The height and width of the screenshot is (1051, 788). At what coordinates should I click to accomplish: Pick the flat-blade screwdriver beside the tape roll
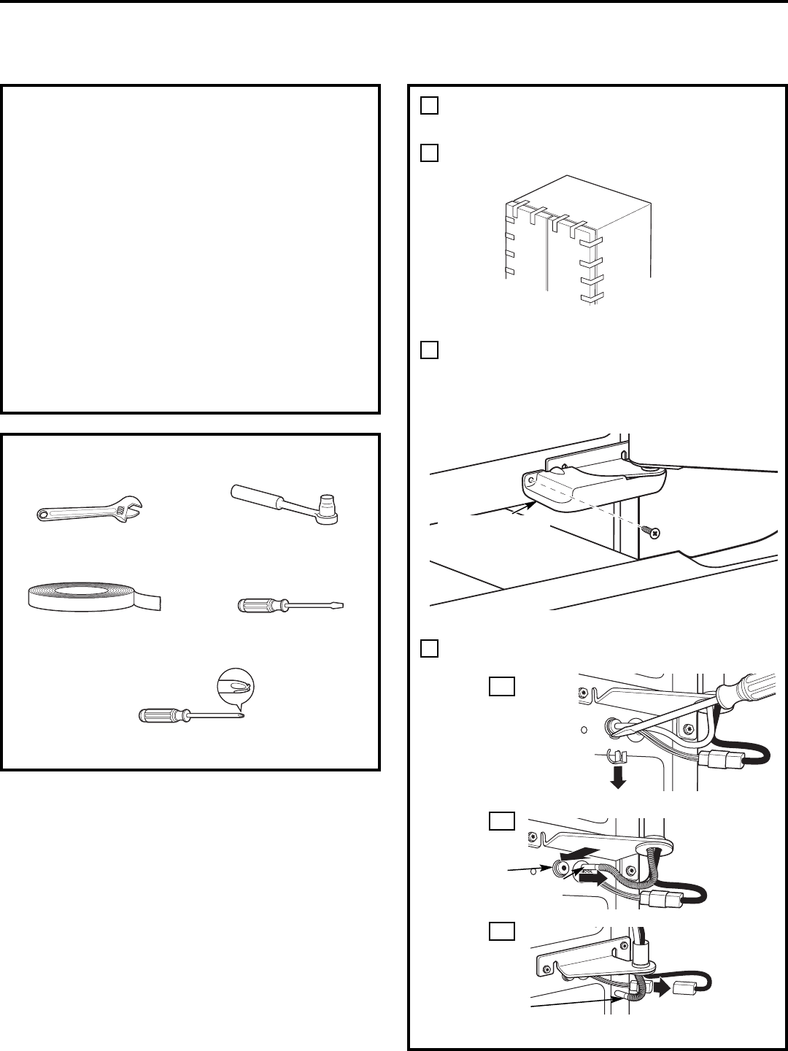291,605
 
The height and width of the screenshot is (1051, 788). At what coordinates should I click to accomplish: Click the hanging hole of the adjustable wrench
44,515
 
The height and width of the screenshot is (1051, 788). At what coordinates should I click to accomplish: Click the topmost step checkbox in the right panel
429,106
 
